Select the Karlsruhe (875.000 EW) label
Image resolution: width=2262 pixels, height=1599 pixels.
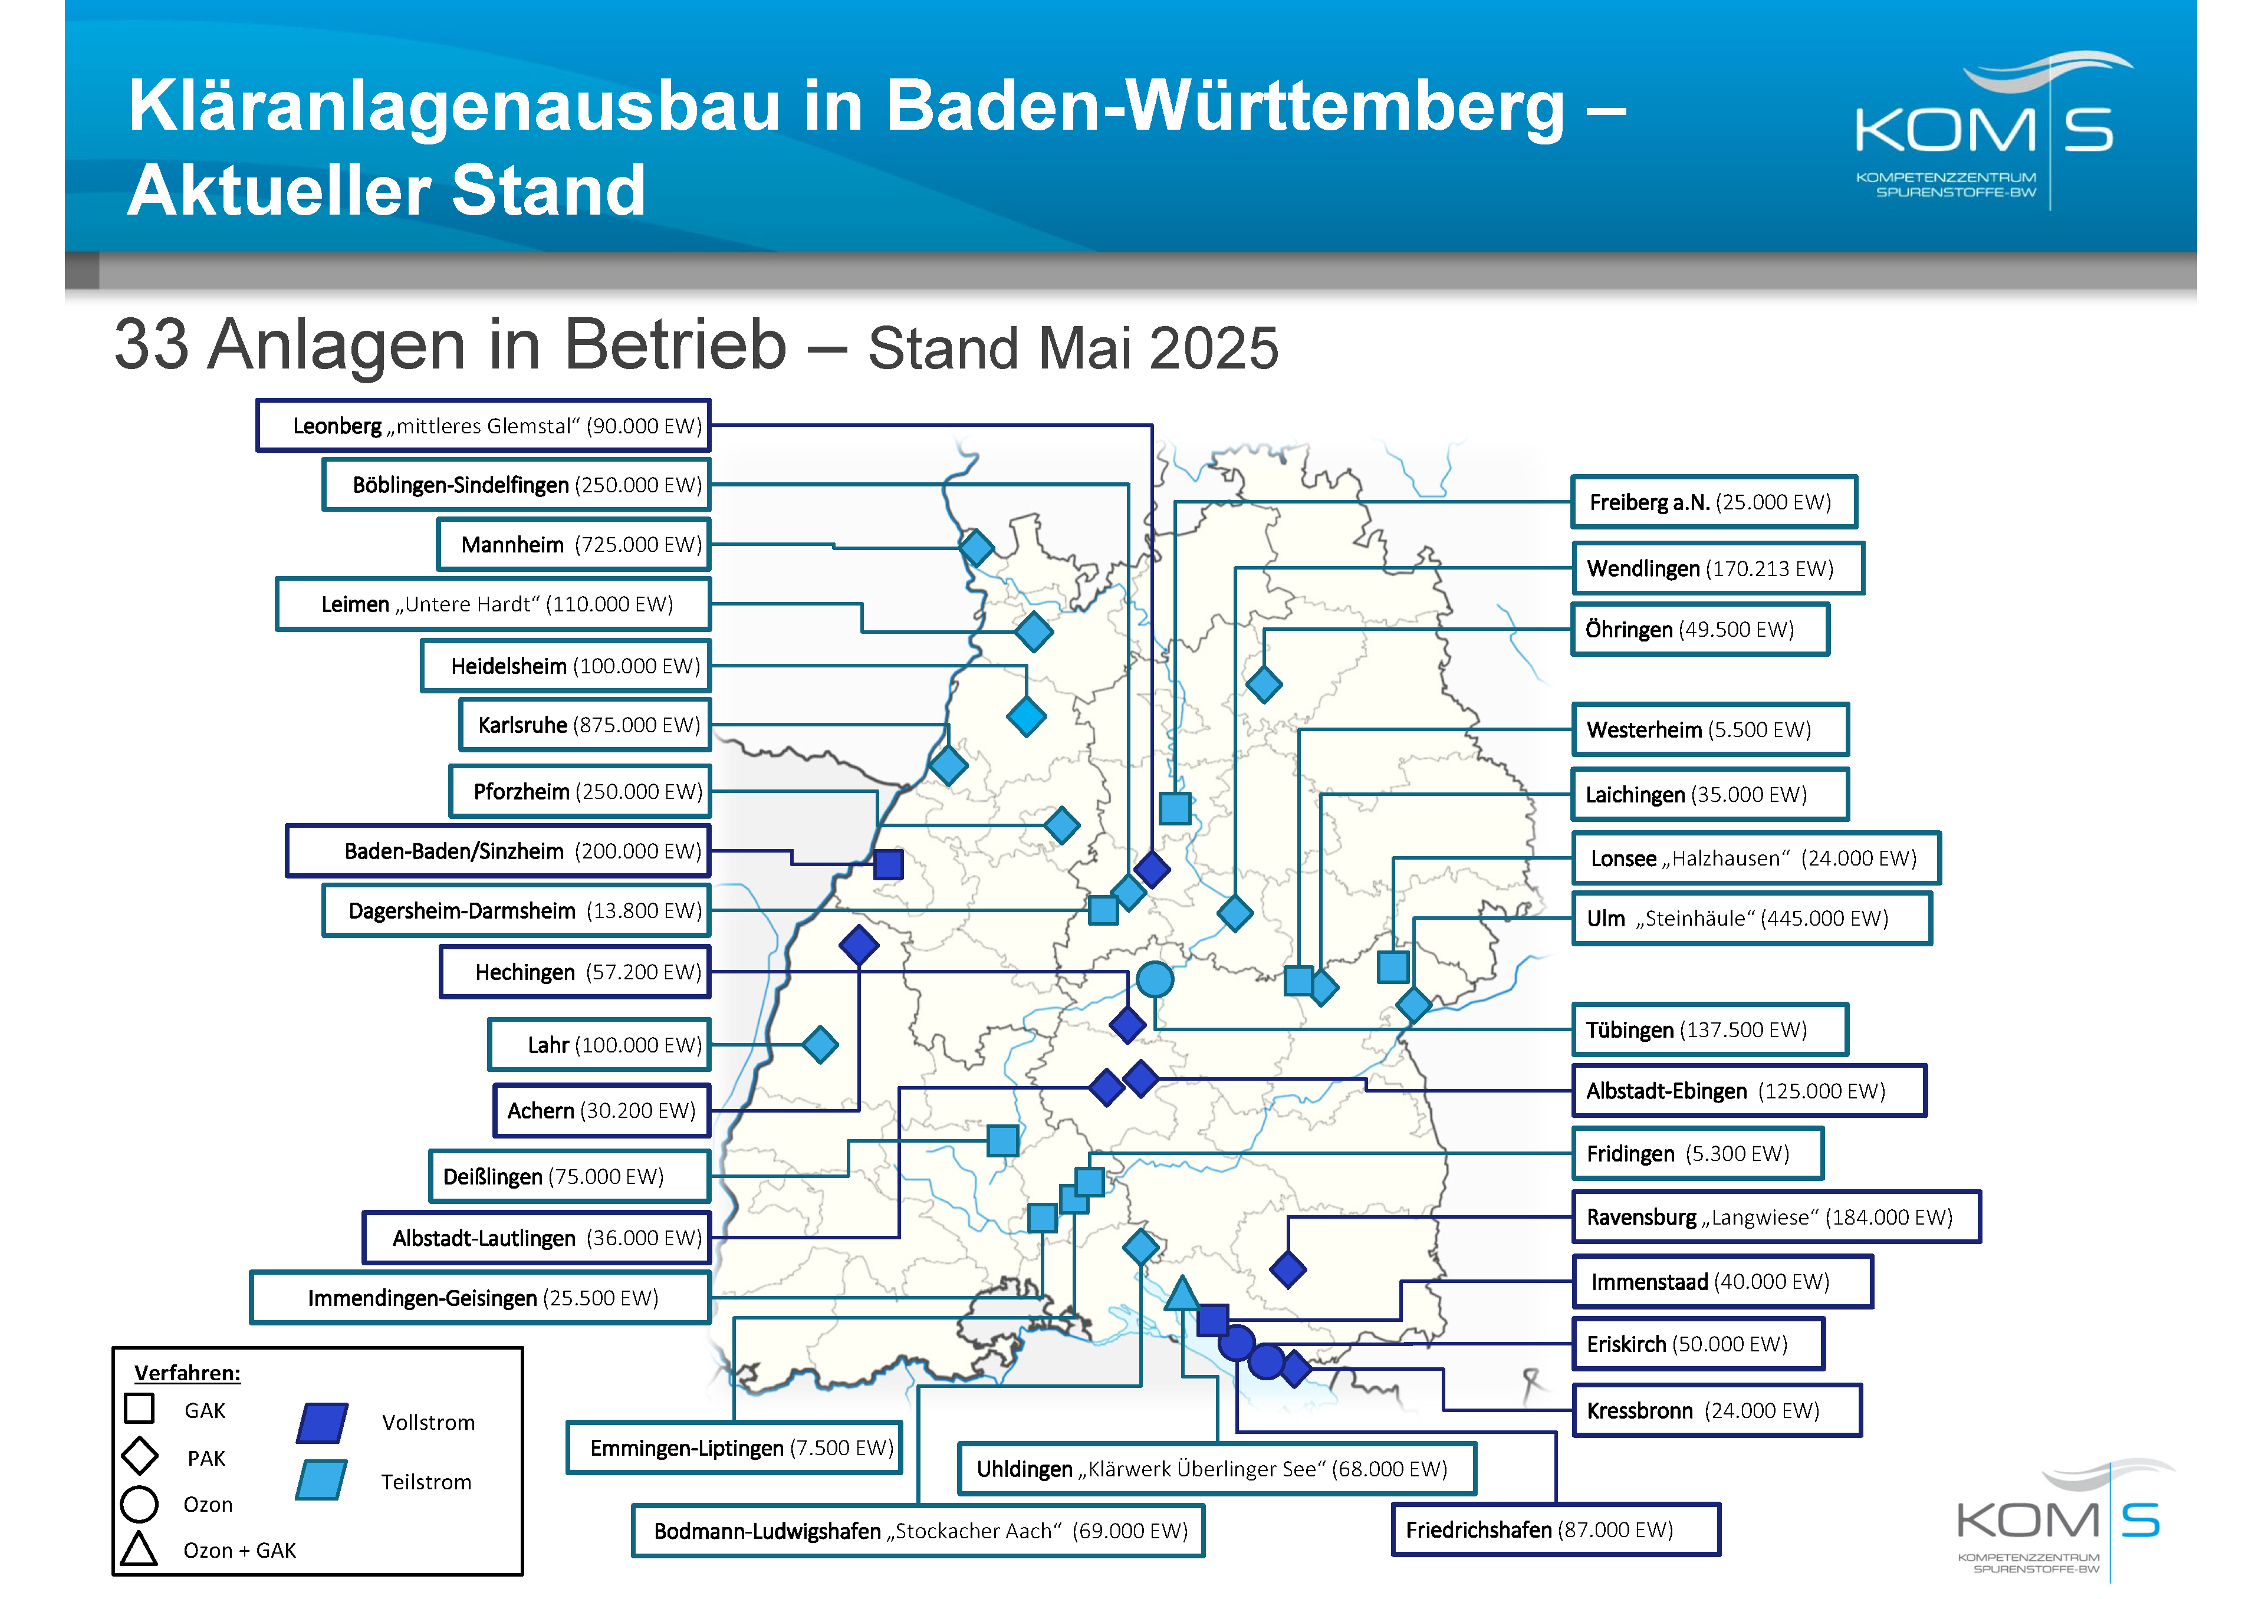[x=585, y=725]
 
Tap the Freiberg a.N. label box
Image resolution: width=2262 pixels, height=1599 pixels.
[x=1713, y=502]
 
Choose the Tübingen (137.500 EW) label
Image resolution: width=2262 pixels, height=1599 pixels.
[x=1709, y=1029]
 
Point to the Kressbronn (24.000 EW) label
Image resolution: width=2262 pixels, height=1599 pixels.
[x=1716, y=1410]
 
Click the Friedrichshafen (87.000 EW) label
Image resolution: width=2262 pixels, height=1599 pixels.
[x=1554, y=1529]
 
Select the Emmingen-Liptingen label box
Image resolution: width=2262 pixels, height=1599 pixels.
[x=734, y=1447]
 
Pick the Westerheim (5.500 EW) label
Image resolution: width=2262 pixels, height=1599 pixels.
[x=1709, y=729]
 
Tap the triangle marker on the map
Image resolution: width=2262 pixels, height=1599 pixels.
[x=1181, y=1294]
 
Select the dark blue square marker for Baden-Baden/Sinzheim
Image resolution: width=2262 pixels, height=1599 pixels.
[x=887, y=864]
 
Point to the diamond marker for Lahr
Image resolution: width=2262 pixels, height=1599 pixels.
[x=820, y=1044]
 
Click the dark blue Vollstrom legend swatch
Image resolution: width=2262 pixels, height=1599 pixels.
[x=322, y=1423]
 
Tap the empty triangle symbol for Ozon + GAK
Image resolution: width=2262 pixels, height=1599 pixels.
[x=139, y=1549]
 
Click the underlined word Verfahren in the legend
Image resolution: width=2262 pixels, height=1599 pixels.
[x=186, y=1373]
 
